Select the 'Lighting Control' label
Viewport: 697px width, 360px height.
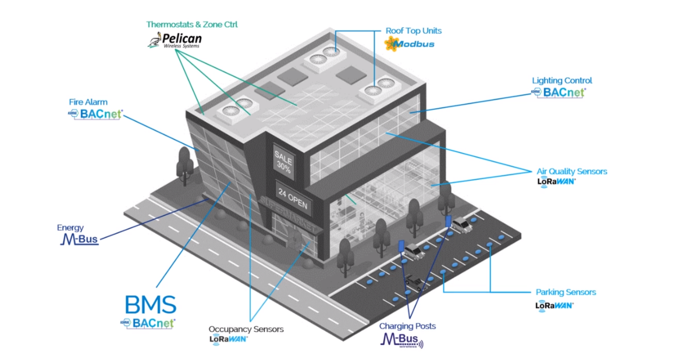(562, 81)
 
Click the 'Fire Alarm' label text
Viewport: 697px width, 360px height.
(88, 102)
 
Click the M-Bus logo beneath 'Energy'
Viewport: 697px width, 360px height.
(79, 239)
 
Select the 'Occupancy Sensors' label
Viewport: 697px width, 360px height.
(246, 329)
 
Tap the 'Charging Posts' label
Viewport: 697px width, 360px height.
(407, 326)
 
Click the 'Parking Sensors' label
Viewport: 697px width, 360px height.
(566, 292)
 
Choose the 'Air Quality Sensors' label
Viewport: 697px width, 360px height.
(571, 172)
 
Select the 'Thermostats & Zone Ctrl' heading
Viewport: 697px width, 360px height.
(192, 25)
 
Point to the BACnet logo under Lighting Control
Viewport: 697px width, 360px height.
(559, 92)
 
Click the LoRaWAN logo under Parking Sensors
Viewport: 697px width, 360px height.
(554, 305)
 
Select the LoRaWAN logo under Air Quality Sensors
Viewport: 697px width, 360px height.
(556, 181)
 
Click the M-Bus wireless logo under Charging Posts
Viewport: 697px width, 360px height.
(401, 340)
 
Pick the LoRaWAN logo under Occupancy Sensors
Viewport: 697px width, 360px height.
(229, 339)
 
